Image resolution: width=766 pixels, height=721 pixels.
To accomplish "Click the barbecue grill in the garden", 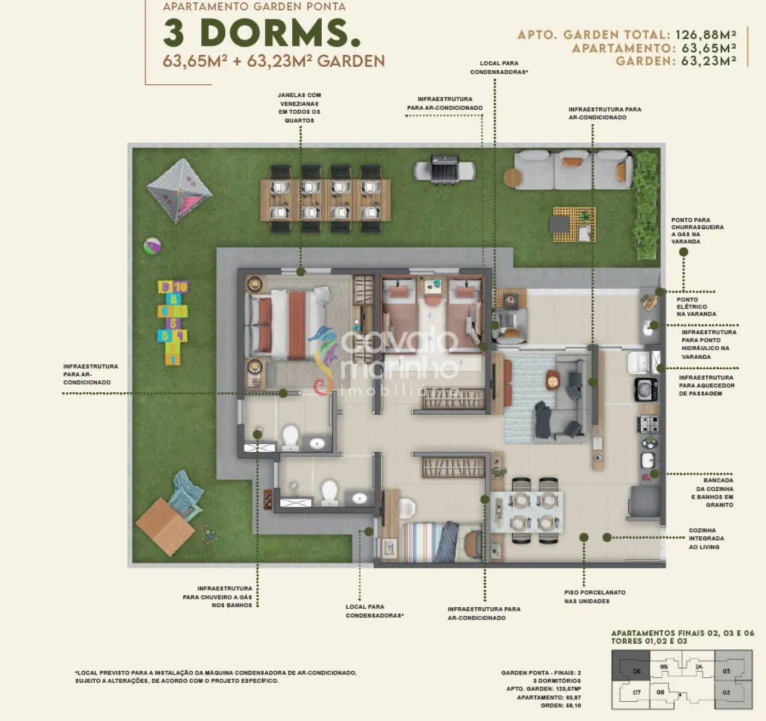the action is (444, 170).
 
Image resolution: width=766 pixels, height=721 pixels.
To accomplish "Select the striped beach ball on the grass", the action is (152, 246).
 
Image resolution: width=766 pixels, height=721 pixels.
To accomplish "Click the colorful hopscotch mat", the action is (172, 323).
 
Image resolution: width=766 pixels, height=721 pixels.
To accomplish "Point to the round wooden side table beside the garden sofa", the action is (513, 178).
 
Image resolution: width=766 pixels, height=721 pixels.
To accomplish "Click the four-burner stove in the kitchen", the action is (649, 423).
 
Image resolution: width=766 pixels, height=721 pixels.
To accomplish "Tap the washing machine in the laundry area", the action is (646, 389).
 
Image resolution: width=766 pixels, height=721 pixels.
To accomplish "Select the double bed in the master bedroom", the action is (291, 323).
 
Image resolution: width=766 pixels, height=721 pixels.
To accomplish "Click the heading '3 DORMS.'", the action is (262, 33).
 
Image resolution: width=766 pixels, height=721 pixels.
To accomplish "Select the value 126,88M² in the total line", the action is (706, 34).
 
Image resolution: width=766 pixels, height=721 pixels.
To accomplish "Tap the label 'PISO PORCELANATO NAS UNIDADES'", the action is (595, 596).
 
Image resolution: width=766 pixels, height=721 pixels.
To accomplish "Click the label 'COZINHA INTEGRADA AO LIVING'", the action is (706, 538).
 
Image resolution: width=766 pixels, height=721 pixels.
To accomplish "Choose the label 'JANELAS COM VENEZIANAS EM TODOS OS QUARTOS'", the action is (299, 108).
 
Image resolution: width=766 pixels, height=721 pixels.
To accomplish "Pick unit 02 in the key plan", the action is (734, 693).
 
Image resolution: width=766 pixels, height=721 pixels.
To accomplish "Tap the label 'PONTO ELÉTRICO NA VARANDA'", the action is (696, 307).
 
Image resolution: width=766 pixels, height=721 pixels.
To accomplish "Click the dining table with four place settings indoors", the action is (526, 512).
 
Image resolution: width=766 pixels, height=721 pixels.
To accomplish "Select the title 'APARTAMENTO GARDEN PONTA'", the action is (254, 7).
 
